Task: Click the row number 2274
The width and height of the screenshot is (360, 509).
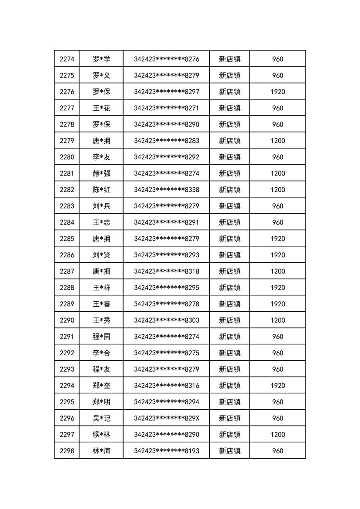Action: (67, 59)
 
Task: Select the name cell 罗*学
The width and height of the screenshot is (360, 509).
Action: (101, 59)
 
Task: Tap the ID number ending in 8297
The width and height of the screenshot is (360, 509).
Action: (166, 92)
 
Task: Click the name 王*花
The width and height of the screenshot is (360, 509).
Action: (101, 108)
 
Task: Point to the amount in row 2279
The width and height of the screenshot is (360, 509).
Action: (277, 141)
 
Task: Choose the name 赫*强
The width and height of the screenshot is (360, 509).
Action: (101, 173)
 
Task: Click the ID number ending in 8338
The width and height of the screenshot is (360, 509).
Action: (166, 190)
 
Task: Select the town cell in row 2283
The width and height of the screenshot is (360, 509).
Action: (229, 206)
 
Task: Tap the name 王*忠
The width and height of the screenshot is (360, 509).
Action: (101, 222)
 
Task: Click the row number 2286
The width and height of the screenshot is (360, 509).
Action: (67, 255)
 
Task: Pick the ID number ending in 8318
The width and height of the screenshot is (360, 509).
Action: (166, 271)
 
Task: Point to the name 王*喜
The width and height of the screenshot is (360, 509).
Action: (101, 304)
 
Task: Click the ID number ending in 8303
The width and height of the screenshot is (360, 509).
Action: (166, 320)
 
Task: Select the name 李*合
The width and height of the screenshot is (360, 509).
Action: (101, 353)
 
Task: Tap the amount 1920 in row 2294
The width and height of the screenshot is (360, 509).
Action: (277, 386)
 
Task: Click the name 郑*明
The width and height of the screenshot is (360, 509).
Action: (101, 402)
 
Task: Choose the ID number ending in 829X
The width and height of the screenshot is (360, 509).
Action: (166, 418)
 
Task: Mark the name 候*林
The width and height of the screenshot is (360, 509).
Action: (101, 435)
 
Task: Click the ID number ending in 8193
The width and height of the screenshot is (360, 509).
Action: (166, 451)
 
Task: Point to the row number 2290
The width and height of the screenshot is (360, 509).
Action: (67, 320)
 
